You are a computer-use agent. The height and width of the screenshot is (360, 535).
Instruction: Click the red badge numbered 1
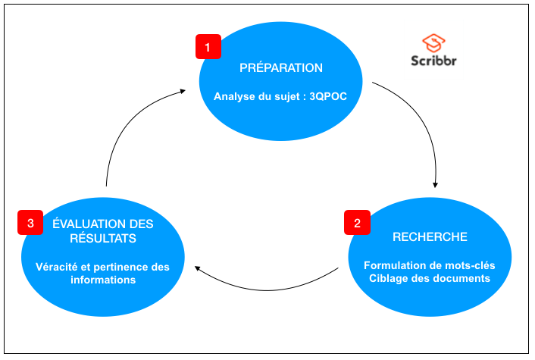(208, 47)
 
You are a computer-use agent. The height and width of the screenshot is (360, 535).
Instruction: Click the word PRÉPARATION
(281, 68)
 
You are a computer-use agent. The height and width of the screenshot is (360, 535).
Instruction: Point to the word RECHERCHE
(430, 237)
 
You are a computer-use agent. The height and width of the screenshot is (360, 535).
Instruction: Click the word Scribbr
(434, 61)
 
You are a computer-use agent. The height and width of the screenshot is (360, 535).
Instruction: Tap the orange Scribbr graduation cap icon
(433, 42)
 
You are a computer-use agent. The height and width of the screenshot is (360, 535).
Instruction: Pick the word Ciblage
(390, 278)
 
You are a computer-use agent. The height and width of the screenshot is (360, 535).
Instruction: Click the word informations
(102, 280)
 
